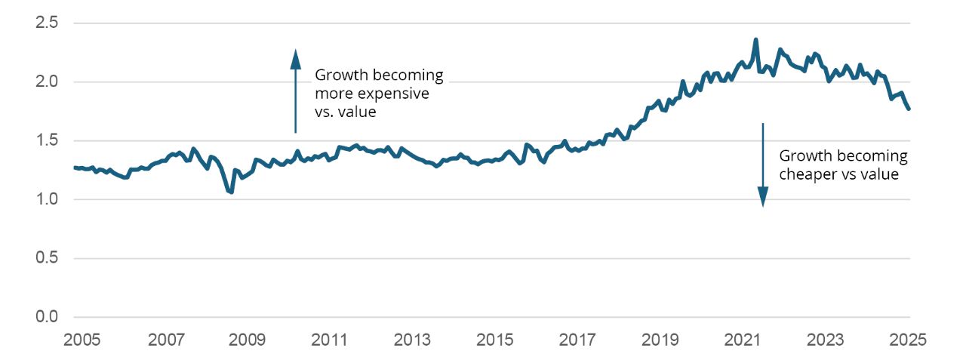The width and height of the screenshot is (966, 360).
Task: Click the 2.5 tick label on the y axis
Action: click(48, 23)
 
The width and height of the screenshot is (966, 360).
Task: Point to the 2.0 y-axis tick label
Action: click(48, 82)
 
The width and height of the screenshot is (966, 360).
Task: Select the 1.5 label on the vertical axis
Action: click(48, 140)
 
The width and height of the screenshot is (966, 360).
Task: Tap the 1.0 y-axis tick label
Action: click(48, 199)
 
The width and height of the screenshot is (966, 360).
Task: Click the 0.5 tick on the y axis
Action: click(48, 258)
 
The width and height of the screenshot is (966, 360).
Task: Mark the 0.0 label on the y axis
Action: click(48, 317)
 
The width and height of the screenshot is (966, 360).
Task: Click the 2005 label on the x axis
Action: click(82, 339)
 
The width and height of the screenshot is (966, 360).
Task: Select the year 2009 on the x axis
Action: click(248, 339)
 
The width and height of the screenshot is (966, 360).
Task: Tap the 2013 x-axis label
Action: click(413, 339)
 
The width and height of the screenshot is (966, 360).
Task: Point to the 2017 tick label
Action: click(578, 339)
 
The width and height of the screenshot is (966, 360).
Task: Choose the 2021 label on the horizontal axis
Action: click(743, 339)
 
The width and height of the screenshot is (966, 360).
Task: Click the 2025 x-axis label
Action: click(909, 339)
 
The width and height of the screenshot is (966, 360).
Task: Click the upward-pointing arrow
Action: click(296, 91)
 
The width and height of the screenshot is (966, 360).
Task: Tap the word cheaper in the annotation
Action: click(805, 174)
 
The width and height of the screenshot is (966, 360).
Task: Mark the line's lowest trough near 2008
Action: click(231, 192)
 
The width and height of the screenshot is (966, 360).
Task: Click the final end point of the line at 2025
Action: click(909, 109)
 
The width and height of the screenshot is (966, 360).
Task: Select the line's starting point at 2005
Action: click(75, 168)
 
